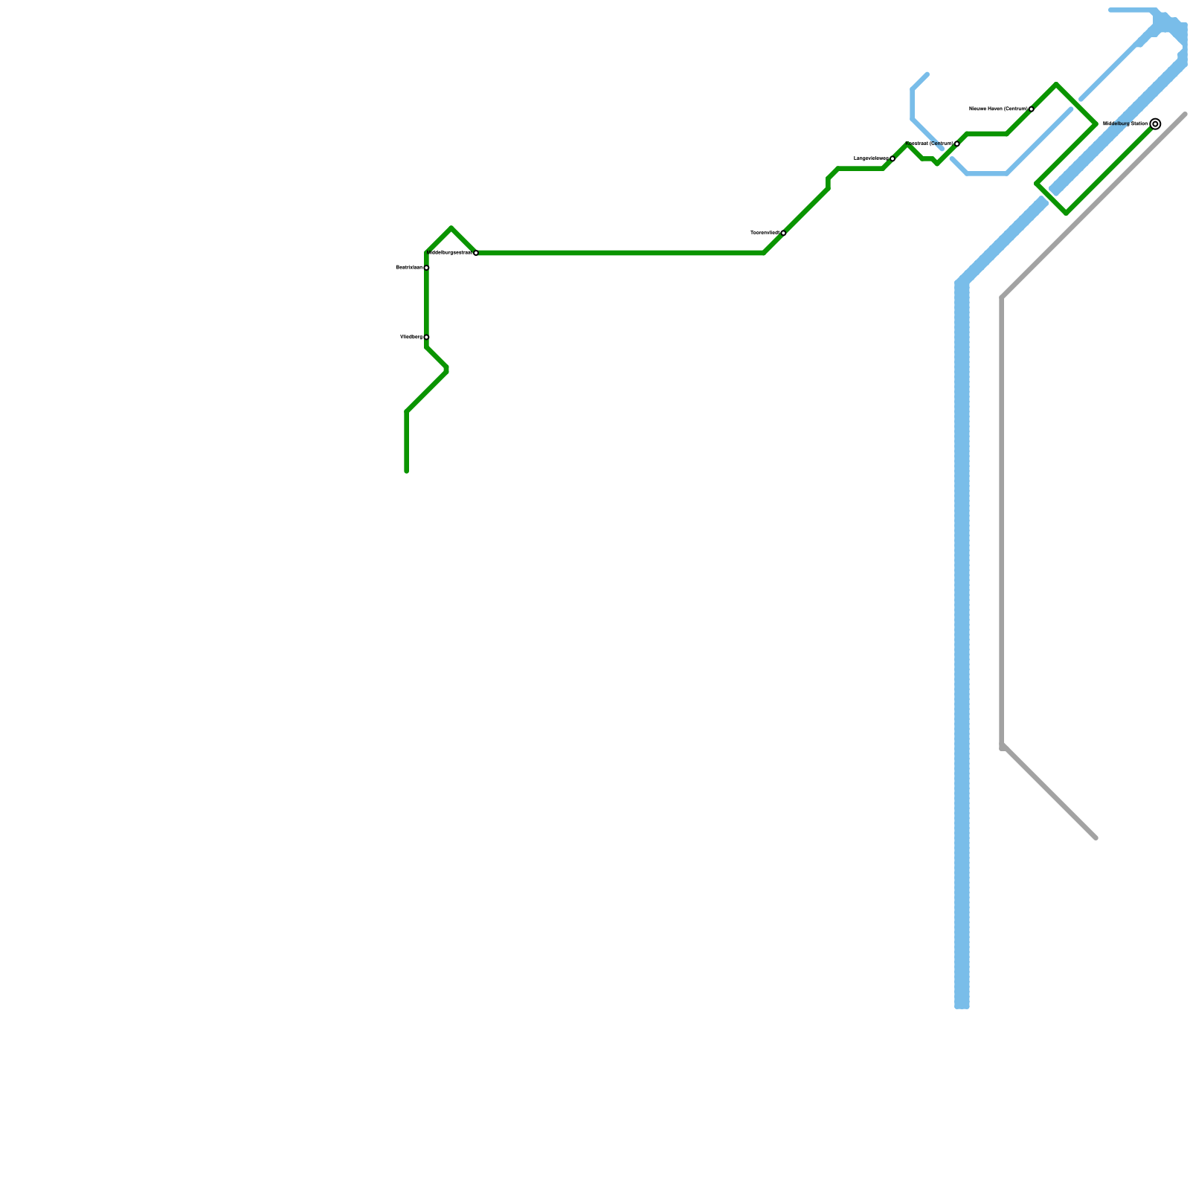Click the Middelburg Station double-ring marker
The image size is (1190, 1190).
[1155, 124]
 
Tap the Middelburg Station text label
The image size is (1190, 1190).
[1125, 123]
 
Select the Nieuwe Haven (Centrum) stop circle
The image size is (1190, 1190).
[1032, 109]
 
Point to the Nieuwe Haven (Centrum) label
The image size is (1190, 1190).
[998, 109]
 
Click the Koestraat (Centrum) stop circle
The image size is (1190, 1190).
[957, 144]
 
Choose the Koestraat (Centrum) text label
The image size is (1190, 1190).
[930, 144]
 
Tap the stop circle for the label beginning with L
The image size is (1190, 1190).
[892, 158]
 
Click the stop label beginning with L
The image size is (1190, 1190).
[871, 158]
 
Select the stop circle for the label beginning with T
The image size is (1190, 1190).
[783, 233]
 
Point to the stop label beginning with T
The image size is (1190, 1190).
[765, 233]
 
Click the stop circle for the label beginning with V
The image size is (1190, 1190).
[426, 337]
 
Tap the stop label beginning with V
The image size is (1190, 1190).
[411, 337]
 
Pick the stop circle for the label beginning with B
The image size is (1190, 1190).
[426, 268]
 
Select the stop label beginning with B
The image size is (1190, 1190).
[408, 267]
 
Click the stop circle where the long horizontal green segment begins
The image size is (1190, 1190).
[476, 253]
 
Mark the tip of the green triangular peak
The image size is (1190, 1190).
[451, 228]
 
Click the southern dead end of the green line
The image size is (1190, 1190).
[407, 471]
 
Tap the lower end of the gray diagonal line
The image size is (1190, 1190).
[1096, 837]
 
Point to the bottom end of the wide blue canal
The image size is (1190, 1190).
[962, 1006]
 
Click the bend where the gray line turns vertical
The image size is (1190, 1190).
[1003, 299]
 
